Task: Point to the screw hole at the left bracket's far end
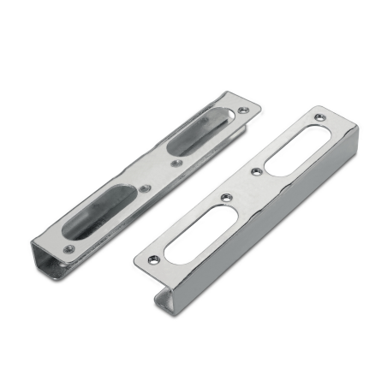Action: click(247, 110)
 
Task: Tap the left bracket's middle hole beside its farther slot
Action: click(175, 160)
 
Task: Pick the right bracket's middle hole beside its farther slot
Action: click(254, 172)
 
